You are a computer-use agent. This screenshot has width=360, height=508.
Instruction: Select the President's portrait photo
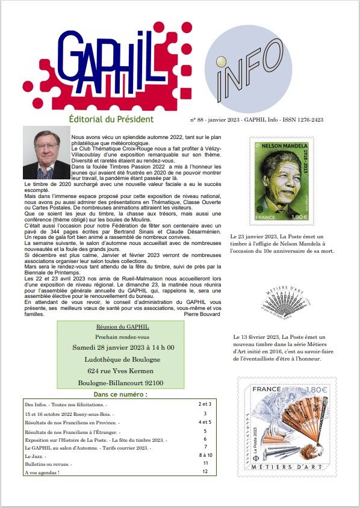[x=46, y=153]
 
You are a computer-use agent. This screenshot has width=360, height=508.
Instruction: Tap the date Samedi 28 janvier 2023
[x=123, y=347]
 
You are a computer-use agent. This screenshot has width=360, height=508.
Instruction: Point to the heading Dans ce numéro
[x=120, y=394]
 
